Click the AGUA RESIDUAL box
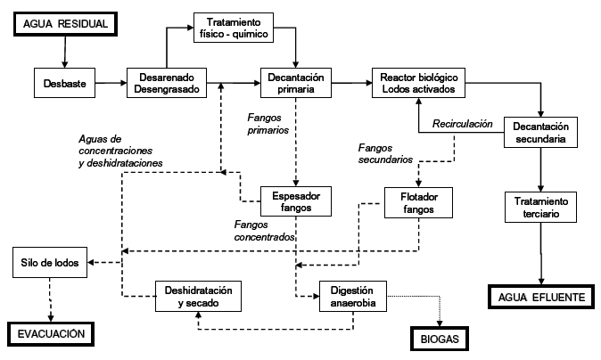[x=64, y=24]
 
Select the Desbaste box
[x=65, y=84]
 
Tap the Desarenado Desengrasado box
[x=167, y=83]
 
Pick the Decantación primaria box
[x=297, y=83]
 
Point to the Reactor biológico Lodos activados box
[x=419, y=83]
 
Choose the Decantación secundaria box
[x=542, y=132]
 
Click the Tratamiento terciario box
[x=541, y=208]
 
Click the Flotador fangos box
[x=418, y=201]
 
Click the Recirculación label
[x=463, y=124]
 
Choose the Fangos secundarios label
[x=385, y=153]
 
